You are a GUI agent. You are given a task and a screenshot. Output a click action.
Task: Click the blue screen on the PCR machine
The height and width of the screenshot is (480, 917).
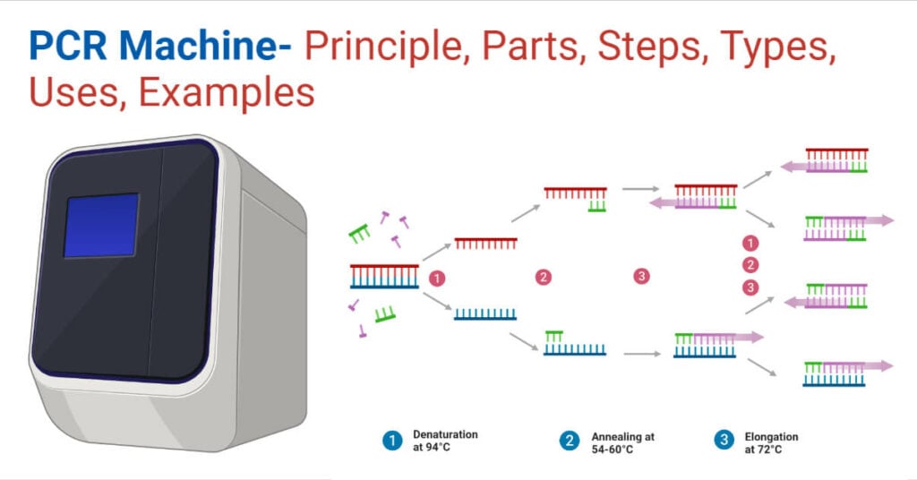(101, 226)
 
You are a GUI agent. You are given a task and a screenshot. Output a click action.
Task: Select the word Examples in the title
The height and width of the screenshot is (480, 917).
(227, 92)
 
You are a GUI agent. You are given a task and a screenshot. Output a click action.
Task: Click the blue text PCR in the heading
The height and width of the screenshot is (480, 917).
(68, 46)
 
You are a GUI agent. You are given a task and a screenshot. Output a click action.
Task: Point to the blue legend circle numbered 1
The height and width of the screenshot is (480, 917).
(392, 441)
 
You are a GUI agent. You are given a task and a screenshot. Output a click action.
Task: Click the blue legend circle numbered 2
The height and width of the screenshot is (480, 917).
(569, 441)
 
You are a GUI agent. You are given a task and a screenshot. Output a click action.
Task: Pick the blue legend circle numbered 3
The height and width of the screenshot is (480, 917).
(724, 440)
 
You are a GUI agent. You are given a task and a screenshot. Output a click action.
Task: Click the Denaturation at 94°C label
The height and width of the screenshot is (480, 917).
(445, 441)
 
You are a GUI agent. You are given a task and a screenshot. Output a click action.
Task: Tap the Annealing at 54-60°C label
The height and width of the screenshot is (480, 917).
(623, 442)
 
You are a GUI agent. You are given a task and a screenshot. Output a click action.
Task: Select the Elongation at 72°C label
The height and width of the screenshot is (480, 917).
(771, 442)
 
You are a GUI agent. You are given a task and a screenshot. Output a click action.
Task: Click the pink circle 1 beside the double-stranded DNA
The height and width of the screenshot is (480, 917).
(437, 279)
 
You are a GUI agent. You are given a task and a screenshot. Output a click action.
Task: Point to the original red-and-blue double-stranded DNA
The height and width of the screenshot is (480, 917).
(384, 277)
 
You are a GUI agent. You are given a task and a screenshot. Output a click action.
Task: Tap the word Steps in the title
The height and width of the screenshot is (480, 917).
(649, 46)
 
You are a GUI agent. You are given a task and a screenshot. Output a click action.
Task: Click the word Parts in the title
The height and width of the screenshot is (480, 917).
(530, 46)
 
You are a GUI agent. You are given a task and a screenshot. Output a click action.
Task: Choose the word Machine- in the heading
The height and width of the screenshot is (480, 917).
(205, 46)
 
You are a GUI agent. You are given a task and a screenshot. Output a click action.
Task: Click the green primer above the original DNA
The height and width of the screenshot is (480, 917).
(360, 233)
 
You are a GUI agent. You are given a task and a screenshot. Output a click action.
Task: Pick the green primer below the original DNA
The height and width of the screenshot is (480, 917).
(385, 314)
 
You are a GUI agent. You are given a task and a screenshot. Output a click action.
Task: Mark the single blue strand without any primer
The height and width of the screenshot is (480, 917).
(485, 314)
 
